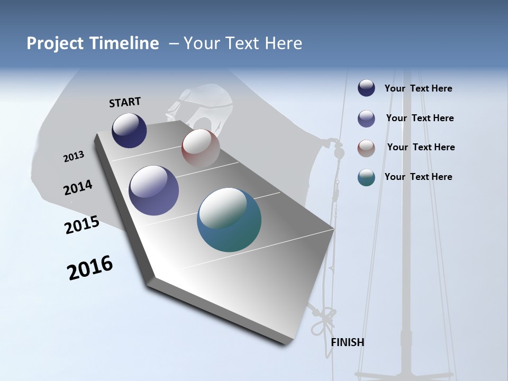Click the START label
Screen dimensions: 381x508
[125, 102]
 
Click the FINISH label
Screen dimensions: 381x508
[348, 342]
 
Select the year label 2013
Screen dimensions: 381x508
[74, 157]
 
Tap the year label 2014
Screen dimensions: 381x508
[78, 188]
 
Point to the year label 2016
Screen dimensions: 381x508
[90, 268]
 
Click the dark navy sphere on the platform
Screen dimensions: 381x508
[129, 131]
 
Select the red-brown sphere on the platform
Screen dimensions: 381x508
[201, 148]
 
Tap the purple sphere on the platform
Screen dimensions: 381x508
[154, 190]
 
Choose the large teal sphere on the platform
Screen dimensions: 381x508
[229, 220]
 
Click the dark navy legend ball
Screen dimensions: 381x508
[366, 88]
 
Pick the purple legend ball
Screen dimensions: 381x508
[366, 119]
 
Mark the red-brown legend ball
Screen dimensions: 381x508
[366, 148]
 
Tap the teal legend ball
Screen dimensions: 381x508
[366, 177]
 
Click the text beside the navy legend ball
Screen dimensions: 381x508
[418, 89]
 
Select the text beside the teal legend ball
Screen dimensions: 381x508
[418, 177]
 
